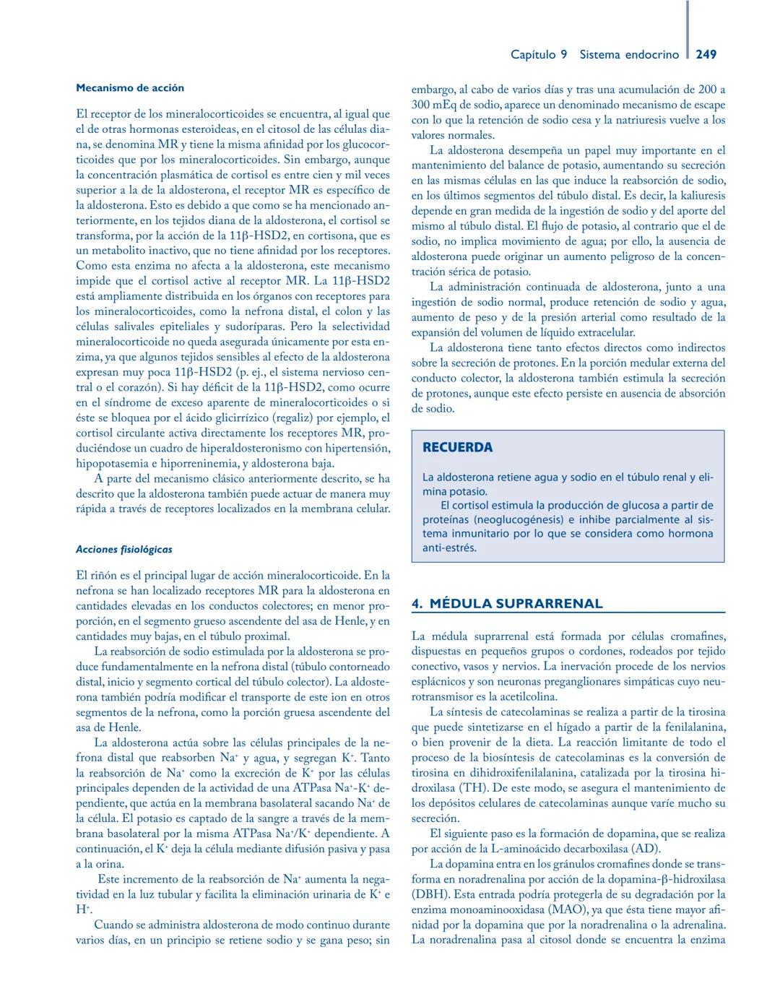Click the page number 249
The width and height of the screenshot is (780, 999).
click(706, 54)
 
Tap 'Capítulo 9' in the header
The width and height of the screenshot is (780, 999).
click(539, 54)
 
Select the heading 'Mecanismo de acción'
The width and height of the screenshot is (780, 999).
click(130, 88)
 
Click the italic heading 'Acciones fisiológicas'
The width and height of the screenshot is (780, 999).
click(124, 549)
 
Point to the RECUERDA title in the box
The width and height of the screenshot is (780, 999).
click(457, 447)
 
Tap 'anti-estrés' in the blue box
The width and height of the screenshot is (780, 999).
click(449, 548)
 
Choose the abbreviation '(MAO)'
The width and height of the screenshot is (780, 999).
click(568, 909)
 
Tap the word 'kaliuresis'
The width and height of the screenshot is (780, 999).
click(695, 196)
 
